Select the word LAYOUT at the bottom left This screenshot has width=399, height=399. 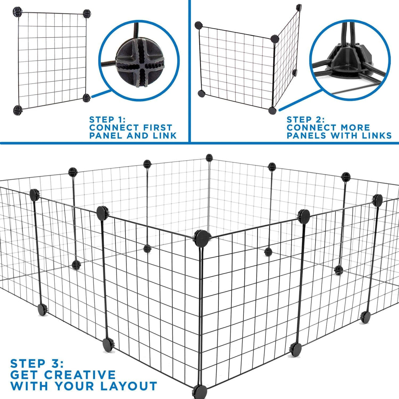(124, 386)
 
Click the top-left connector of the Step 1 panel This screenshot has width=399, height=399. (17, 12)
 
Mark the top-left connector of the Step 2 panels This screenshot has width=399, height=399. (199, 25)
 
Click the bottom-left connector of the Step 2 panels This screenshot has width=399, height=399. (201, 94)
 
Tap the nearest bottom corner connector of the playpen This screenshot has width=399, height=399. (200, 391)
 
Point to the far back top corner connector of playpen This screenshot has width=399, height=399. (209, 157)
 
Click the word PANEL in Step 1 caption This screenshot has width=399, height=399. (106, 135)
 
